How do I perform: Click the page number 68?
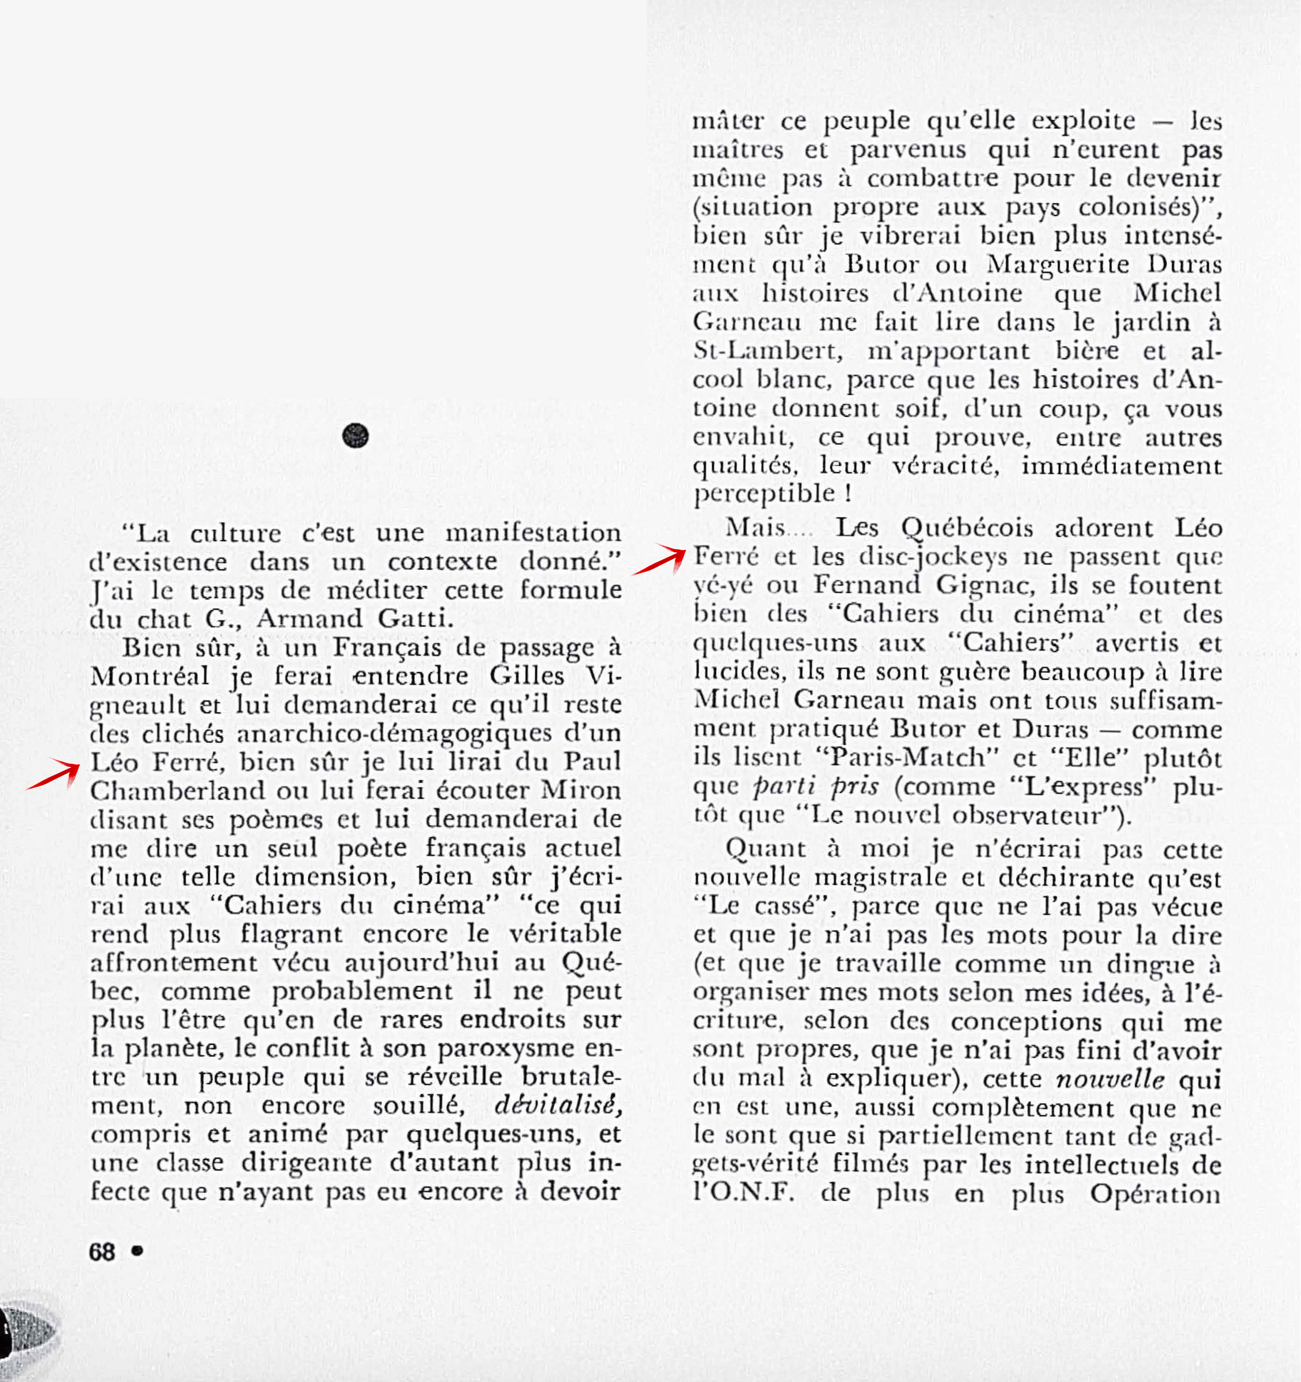click(x=101, y=1252)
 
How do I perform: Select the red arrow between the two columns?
click(x=658, y=560)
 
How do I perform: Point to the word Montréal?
click(x=149, y=677)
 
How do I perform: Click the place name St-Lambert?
click(x=767, y=351)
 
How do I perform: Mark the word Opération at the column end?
click(x=1154, y=1194)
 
